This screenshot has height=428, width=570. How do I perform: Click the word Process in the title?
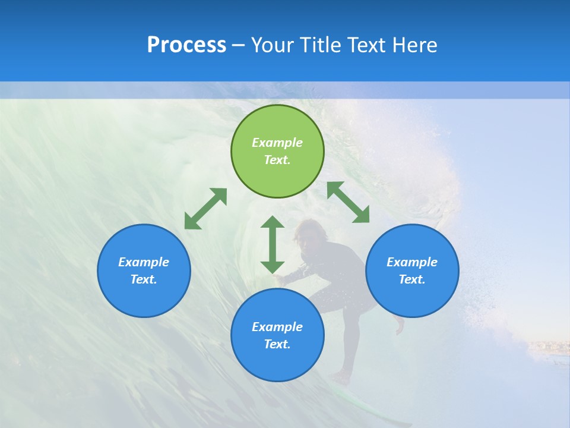point(186,45)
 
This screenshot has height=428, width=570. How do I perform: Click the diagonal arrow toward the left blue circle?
point(205,209)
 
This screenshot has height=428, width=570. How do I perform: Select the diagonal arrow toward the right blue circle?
point(349,202)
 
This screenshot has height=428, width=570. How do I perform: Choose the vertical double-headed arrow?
point(273,244)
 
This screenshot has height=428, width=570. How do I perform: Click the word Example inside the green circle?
point(277,143)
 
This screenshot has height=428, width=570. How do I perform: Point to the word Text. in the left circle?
point(144,279)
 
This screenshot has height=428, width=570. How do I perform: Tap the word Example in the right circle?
point(412,262)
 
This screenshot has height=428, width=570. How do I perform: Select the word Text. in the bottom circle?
point(277,344)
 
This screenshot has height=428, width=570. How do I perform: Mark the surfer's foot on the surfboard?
point(341,378)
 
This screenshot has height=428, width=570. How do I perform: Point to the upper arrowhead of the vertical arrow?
point(273,224)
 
